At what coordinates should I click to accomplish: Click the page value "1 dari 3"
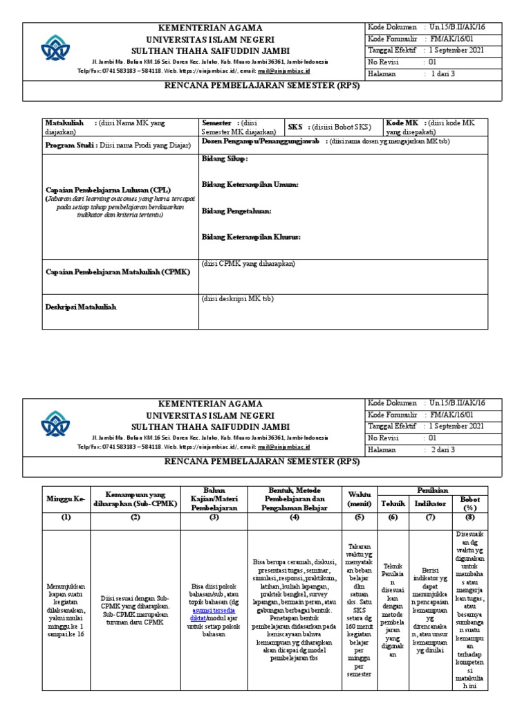[443, 73]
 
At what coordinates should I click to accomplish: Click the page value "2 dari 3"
[443, 449]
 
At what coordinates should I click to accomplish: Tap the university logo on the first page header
[55, 48]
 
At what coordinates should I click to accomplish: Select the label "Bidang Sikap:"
[225, 159]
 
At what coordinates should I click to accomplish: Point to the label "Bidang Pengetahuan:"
[236, 210]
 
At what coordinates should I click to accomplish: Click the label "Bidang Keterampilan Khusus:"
[251, 237]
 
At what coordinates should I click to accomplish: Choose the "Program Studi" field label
[70, 145]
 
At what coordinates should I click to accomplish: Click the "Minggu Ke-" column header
[65, 499]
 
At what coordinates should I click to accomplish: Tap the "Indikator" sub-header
[430, 503]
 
